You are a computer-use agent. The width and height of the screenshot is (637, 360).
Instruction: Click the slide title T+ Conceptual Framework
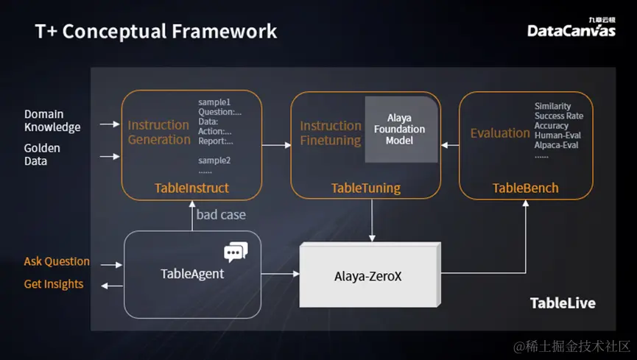[156, 31]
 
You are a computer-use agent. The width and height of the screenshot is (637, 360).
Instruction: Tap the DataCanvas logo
[571, 29]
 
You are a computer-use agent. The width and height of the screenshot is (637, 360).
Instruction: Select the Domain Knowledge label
[52, 121]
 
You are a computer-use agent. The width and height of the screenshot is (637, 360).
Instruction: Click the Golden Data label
[42, 155]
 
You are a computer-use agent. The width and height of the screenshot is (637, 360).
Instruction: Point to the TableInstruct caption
[191, 188]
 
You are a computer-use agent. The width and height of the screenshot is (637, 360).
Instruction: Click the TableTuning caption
[365, 188]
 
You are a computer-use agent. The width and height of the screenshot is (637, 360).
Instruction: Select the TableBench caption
[525, 188]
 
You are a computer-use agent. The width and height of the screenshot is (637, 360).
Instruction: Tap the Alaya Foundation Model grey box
[401, 129]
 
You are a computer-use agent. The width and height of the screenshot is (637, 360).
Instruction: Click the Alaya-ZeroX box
[368, 276]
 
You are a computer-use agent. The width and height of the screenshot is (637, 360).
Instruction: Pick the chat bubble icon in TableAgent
[236, 253]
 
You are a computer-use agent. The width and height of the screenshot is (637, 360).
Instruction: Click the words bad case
[221, 214]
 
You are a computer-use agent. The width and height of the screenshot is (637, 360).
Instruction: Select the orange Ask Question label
[57, 261]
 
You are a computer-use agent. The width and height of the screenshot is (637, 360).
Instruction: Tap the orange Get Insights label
[54, 284]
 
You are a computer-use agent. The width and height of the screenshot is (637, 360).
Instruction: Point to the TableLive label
[563, 303]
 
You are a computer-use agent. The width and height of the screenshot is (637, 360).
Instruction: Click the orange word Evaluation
[500, 133]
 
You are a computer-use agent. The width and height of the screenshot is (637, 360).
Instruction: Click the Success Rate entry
[559, 116]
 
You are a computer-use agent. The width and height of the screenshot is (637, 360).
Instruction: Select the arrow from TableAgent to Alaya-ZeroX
[280, 274]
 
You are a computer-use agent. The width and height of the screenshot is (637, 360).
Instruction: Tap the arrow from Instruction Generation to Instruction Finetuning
[276, 145]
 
